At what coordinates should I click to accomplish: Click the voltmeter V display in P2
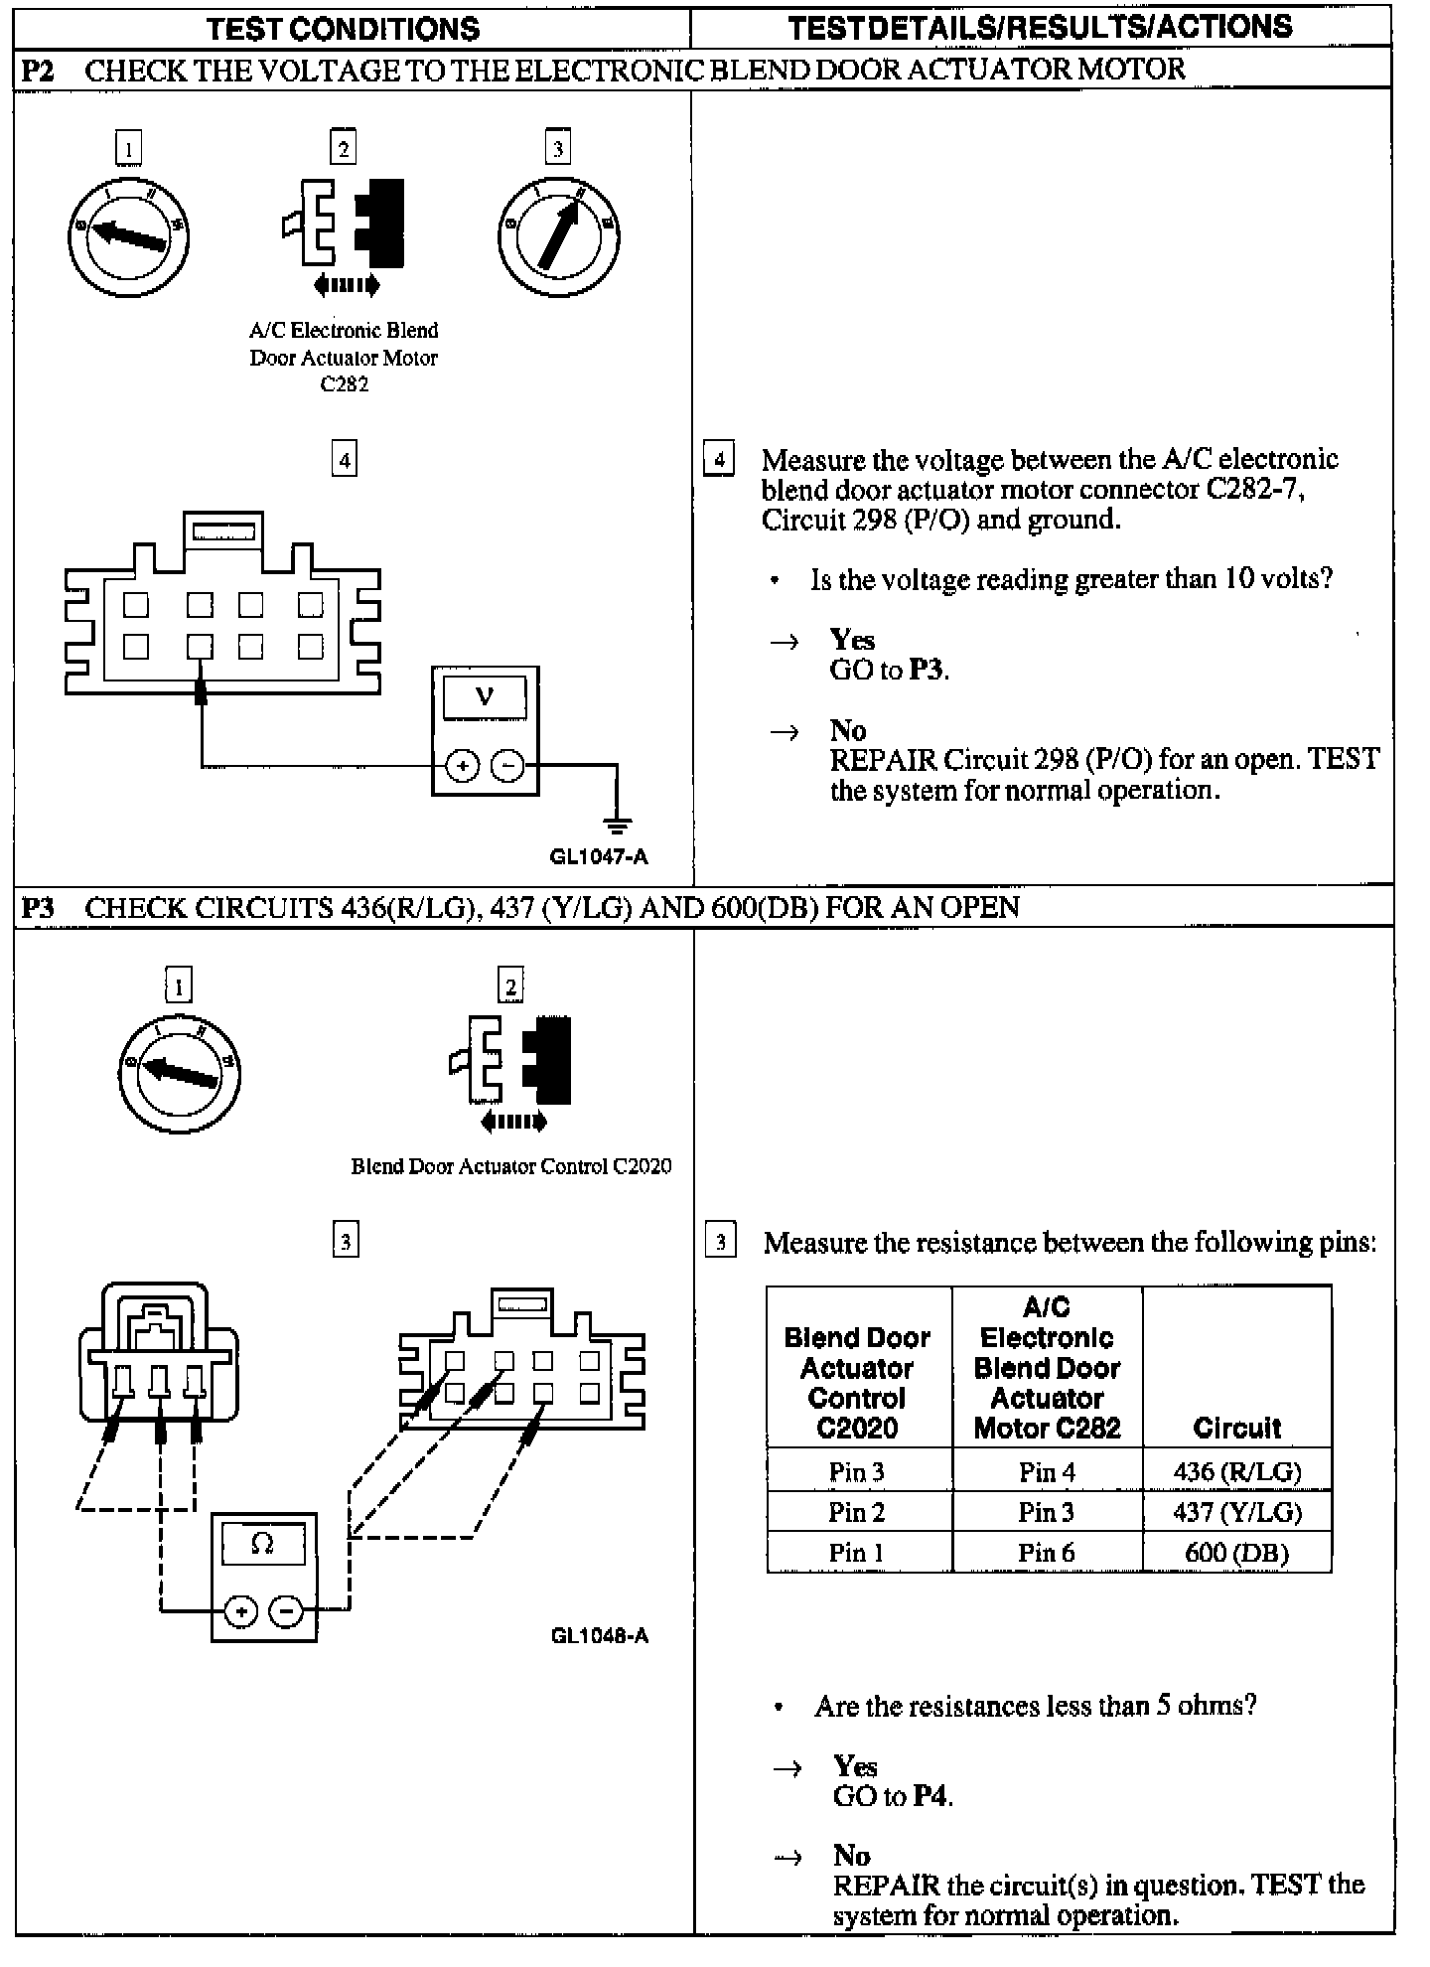[x=485, y=696]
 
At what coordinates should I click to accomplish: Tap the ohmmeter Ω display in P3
[x=263, y=1543]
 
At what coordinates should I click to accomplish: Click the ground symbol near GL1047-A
[x=617, y=824]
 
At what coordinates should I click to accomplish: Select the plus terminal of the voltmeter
[x=462, y=766]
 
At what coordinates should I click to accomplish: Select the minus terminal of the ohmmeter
[x=287, y=1611]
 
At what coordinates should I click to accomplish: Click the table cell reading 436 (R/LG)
[x=1236, y=1471]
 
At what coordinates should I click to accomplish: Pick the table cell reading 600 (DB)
[x=1236, y=1552]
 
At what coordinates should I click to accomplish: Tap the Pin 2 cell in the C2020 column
[x=856, y=1512]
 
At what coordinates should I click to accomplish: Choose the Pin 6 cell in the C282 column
[x=1047, y=1552]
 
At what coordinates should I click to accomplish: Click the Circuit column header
[x=1236, y=1428]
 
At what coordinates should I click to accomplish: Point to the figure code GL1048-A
[x=600, y=1636]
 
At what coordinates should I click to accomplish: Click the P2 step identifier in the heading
[x=38, y=70]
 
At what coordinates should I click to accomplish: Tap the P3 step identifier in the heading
[x=38, y=907]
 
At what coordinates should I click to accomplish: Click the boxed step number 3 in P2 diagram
[x=557, y=149]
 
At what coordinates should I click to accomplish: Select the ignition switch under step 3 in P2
[x=558, y=236]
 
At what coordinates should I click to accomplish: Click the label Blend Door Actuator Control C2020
[x=510, y=1166]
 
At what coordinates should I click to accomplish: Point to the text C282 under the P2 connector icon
[x=344, y=384]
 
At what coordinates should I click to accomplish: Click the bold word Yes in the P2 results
[x=852, y=640]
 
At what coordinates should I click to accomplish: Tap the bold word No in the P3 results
[x=852, y=1856]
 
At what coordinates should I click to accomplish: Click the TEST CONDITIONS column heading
[x=343, y=29]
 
